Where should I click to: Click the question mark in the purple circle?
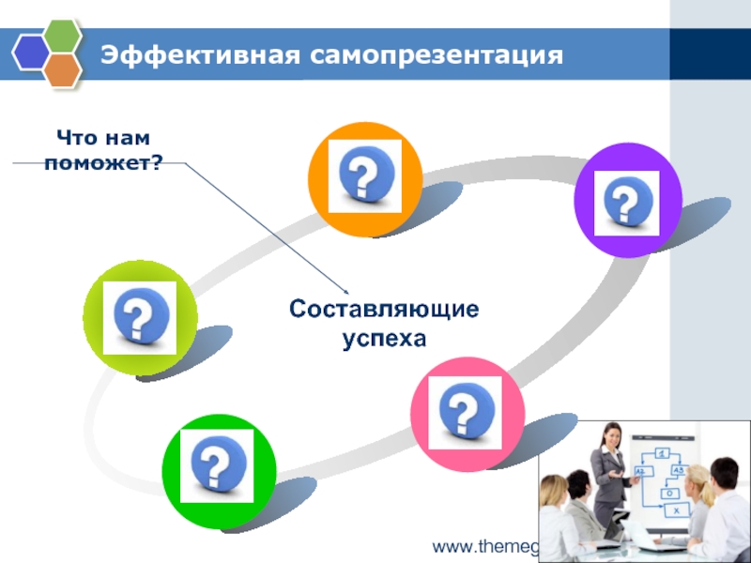tap(627, 202)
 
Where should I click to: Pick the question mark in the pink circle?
tap(466, 411)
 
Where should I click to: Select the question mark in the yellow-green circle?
tap(140, 316)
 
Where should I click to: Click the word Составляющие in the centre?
tap(384, 309)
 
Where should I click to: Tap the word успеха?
tap(384, 336)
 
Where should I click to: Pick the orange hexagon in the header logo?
tap(63, 68)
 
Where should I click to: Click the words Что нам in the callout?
tap(103, 139)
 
